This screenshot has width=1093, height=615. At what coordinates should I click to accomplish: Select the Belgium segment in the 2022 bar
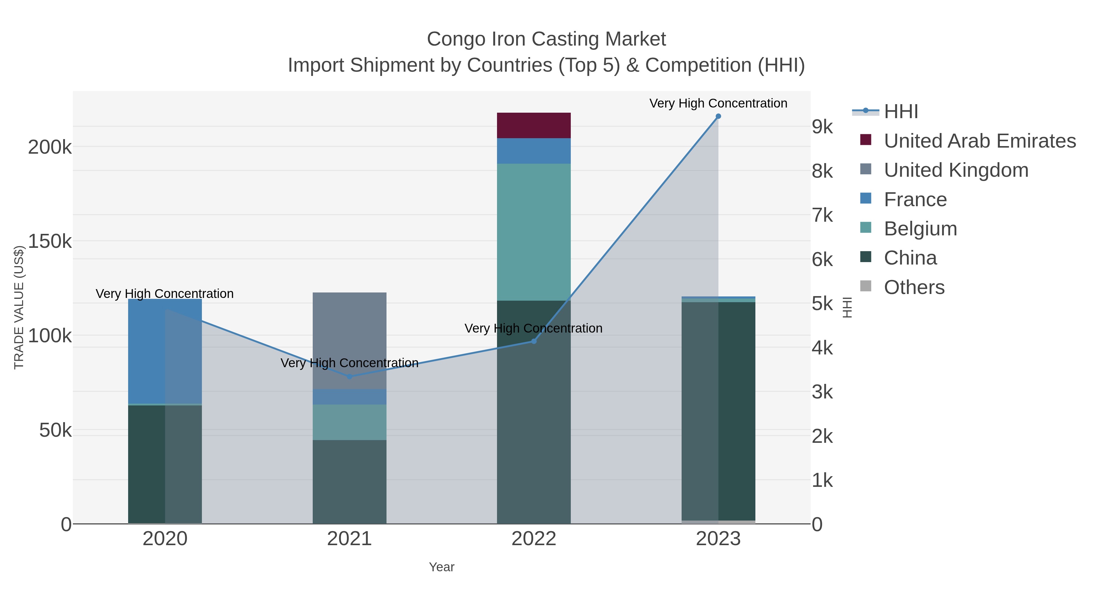pos(533,232)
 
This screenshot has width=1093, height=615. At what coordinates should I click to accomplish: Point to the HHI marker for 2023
pos(718,116)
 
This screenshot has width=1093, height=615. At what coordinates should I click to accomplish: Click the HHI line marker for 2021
pos(349,377)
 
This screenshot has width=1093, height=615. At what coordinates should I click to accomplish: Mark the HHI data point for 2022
pos(534,341)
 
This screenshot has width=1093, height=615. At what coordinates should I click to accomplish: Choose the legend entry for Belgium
pos(920,229)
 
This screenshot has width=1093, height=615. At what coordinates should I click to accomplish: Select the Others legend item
pos(914,287)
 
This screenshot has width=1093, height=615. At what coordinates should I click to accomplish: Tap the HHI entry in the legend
pos(901,112)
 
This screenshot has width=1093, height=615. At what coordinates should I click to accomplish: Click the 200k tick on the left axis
pos(50,147)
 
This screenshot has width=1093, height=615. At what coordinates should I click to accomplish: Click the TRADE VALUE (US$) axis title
pos(19,307)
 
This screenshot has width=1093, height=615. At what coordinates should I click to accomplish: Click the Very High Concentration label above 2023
pos(718,103)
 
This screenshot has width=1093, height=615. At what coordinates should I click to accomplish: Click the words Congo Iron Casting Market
pos(546,39)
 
